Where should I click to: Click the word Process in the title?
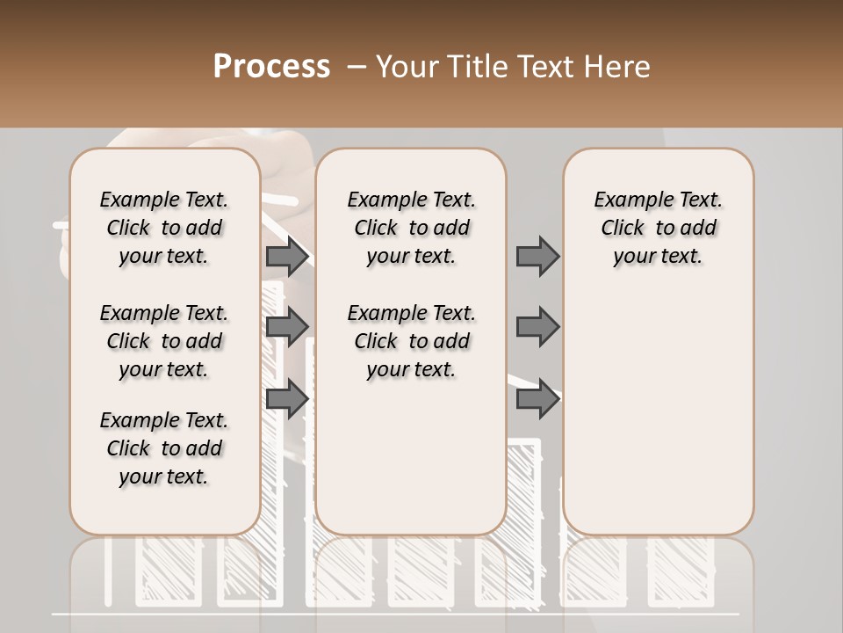[x=271, y=67]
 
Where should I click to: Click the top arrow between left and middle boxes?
[x=287, y=257]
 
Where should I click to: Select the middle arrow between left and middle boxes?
[x=287, y=327]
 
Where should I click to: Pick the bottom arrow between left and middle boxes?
[x=287, y=398]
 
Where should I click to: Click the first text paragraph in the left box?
[x=164, y=228]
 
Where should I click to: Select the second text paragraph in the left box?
[x=164, y=341]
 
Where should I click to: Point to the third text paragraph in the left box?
[x=164, y=448]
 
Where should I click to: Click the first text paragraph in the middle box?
[x=412, y=228]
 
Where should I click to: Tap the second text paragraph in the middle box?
[x=412, y=341]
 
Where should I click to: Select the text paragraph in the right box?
[x=659, y=228]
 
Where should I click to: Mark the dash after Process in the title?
[x=355, y=67]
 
